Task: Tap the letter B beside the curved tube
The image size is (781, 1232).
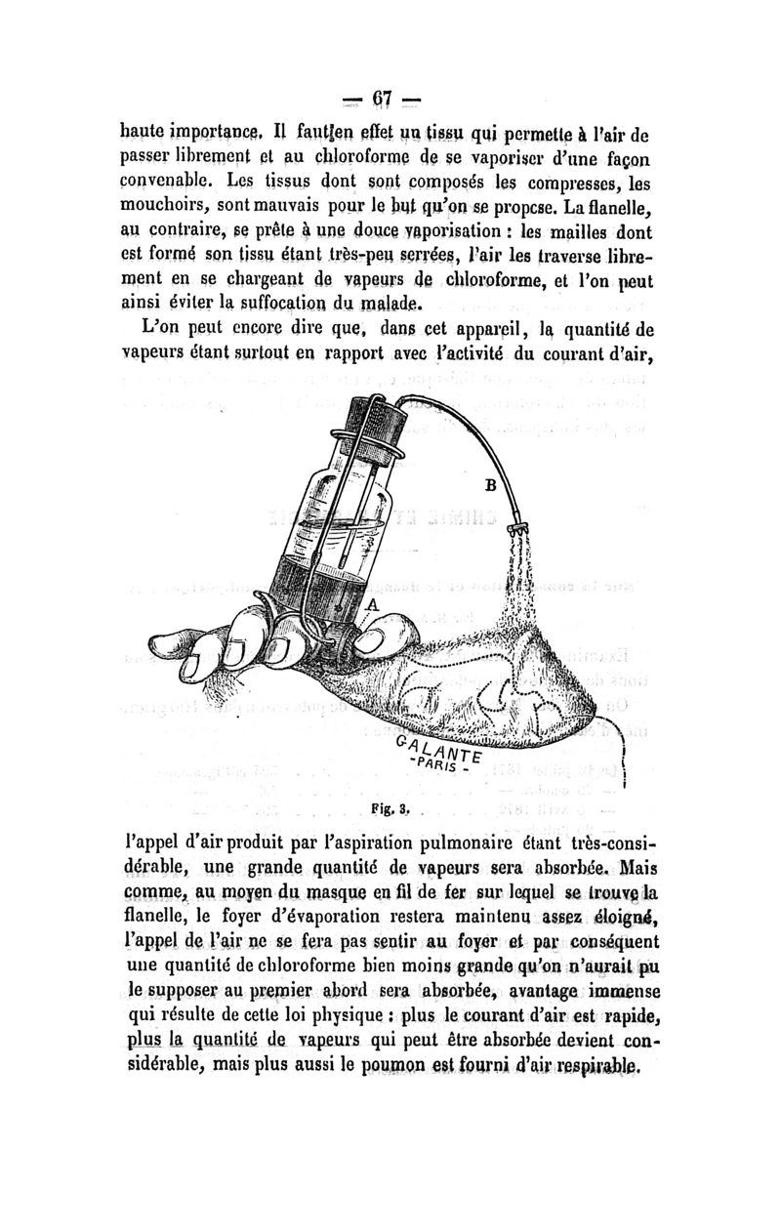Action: [x=491, y=484]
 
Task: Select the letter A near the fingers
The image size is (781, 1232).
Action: [x=371, y=606]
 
